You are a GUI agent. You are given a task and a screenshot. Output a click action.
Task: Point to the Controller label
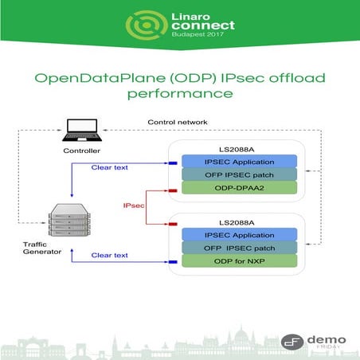point(83,150)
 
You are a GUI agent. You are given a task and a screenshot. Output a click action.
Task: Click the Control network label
point(178,122)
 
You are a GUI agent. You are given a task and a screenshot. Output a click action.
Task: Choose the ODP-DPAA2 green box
point(239,188)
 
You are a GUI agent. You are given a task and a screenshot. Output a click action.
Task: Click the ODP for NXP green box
point(239,260)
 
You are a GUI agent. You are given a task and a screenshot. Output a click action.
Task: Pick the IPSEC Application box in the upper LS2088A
point(239,161)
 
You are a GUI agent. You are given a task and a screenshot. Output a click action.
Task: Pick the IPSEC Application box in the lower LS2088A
point(239,233)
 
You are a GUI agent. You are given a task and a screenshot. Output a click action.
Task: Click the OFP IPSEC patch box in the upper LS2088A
point(239,174)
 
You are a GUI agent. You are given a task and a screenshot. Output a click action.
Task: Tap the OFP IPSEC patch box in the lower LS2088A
point(239,247)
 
